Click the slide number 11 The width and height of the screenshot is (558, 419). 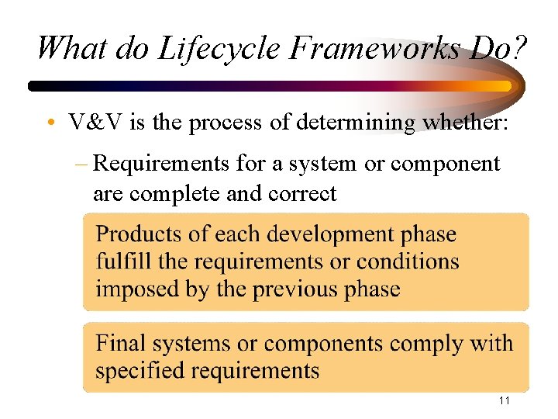click(504, 400)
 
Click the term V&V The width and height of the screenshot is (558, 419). click(91, 123)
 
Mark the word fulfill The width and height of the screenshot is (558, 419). click(122, 261)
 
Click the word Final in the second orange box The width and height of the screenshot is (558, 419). click(120, 343)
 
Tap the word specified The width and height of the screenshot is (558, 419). click(142, 370)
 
